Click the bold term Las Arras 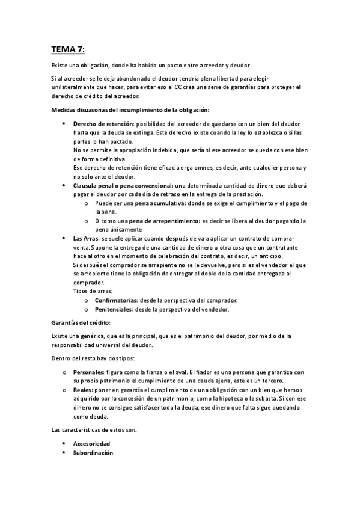click(x=86, y=239)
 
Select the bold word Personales click(x=87, y=373)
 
